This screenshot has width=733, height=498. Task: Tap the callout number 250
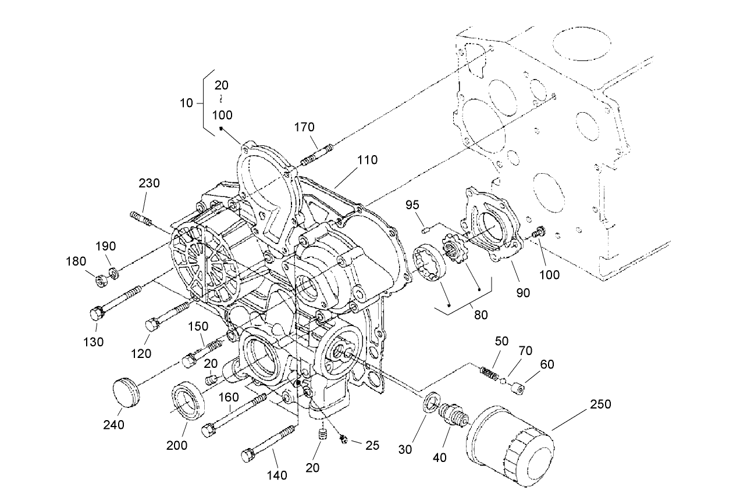click(x=601, y=404)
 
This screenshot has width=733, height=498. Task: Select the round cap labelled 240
click(x=126, y=395)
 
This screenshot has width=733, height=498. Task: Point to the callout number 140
click(x=277, y=476)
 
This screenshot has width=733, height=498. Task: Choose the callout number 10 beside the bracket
click(x=186, y=103)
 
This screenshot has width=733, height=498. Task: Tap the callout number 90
click(x=523, y=293)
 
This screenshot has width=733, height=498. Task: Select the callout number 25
click(x=372, y=445)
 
